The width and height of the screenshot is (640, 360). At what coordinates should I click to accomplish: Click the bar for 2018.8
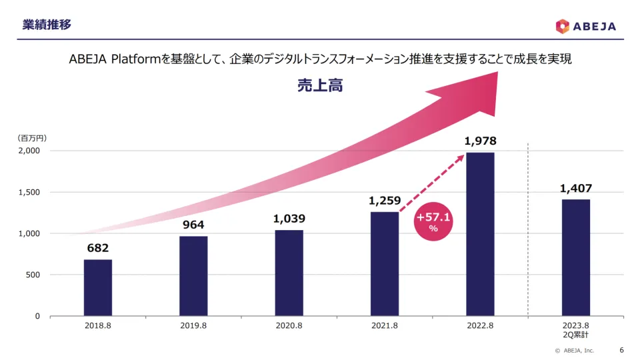[x=98, y=287]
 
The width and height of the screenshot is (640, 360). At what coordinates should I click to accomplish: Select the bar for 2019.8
[x=193, y=276]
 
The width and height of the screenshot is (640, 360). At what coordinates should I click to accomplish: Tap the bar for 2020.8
[x=289, y=273]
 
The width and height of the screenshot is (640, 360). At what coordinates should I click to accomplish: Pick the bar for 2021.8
[x=385, y=263]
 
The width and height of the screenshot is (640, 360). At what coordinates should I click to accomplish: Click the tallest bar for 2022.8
[x=480, y=234]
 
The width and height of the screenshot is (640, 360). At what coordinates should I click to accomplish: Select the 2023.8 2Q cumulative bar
[x=575, y=257]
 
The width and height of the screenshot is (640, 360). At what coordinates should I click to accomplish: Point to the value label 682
[x=98, y=249]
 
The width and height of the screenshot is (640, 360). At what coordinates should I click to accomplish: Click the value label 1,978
[x=480, y=141]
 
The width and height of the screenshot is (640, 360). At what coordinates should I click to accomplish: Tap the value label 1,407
[x=575, y=189]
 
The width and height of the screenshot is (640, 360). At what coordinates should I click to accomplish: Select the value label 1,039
[x=289, y=219]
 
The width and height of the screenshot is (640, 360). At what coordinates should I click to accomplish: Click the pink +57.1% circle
[x=433, y=221]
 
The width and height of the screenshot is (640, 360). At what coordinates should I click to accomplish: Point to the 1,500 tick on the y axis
[x=28, y=192]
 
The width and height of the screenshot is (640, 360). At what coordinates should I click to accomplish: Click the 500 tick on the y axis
[x=33, y=275]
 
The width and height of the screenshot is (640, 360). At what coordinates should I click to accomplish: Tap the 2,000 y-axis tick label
[x=28, y=151]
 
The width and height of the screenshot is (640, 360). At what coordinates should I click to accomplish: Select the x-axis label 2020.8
[x=289, y=327]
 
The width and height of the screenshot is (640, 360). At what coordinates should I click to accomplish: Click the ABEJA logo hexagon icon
[x=563, y=26]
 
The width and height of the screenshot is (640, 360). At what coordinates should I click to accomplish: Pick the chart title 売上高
[x=320, y=85]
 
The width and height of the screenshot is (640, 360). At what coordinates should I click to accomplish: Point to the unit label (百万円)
[x=32, y=138]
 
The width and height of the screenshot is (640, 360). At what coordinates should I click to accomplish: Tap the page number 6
[x=621, y=350]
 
